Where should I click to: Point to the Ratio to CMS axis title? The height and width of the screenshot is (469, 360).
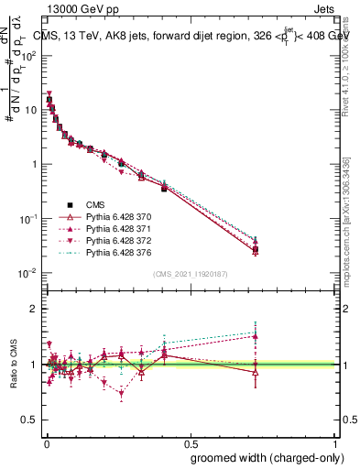tap(14, 365)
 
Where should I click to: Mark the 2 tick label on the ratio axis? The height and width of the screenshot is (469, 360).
tap(33, 310)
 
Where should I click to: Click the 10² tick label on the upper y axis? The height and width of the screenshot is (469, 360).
tap(27, 55)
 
